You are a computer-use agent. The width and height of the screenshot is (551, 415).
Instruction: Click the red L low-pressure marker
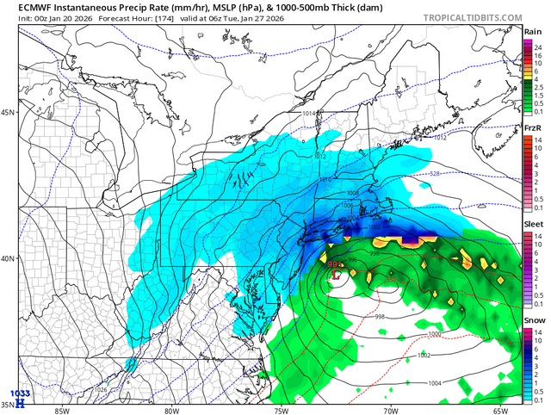click(x=336, y=275)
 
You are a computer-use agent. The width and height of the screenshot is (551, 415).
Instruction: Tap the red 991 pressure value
click(x=334, y=265)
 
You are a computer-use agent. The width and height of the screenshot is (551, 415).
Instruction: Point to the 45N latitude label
click(x=9, y=113)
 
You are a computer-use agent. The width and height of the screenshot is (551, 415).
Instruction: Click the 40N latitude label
click(x=9, y=258)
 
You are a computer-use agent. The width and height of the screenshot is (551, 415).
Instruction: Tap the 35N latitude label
click(x=9, y=404)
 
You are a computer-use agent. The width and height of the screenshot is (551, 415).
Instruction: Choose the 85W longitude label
click(x=61, y=411)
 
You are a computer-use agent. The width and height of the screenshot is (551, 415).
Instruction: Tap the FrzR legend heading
click(x=532, y=128)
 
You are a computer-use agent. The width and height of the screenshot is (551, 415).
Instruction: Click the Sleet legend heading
click(x=532, y=224)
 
